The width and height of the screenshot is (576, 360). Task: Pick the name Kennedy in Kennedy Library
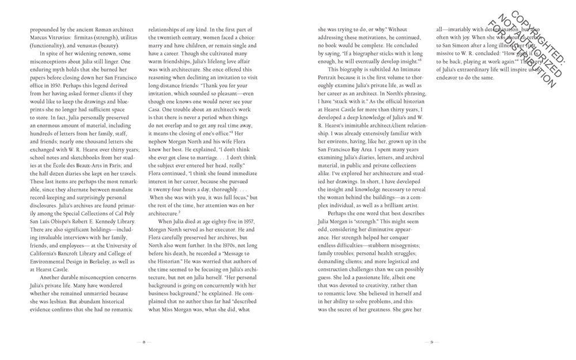click(x=97, y=222)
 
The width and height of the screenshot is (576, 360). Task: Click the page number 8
click(x=143, y=340)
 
